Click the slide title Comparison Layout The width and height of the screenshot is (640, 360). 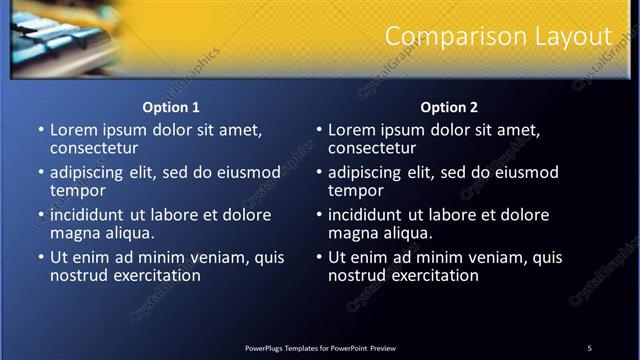coord(498,36)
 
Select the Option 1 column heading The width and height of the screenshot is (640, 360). coord(172,107)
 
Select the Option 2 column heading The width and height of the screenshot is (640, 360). coord(450,107)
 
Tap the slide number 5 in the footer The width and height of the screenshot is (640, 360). coord(589,347)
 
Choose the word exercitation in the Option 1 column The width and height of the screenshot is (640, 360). coord(154,275)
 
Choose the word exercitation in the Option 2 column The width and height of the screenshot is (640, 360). coord(432,275)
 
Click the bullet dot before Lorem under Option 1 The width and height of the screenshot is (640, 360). coord(41,130)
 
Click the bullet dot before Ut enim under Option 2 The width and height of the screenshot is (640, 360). coord(319,257)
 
